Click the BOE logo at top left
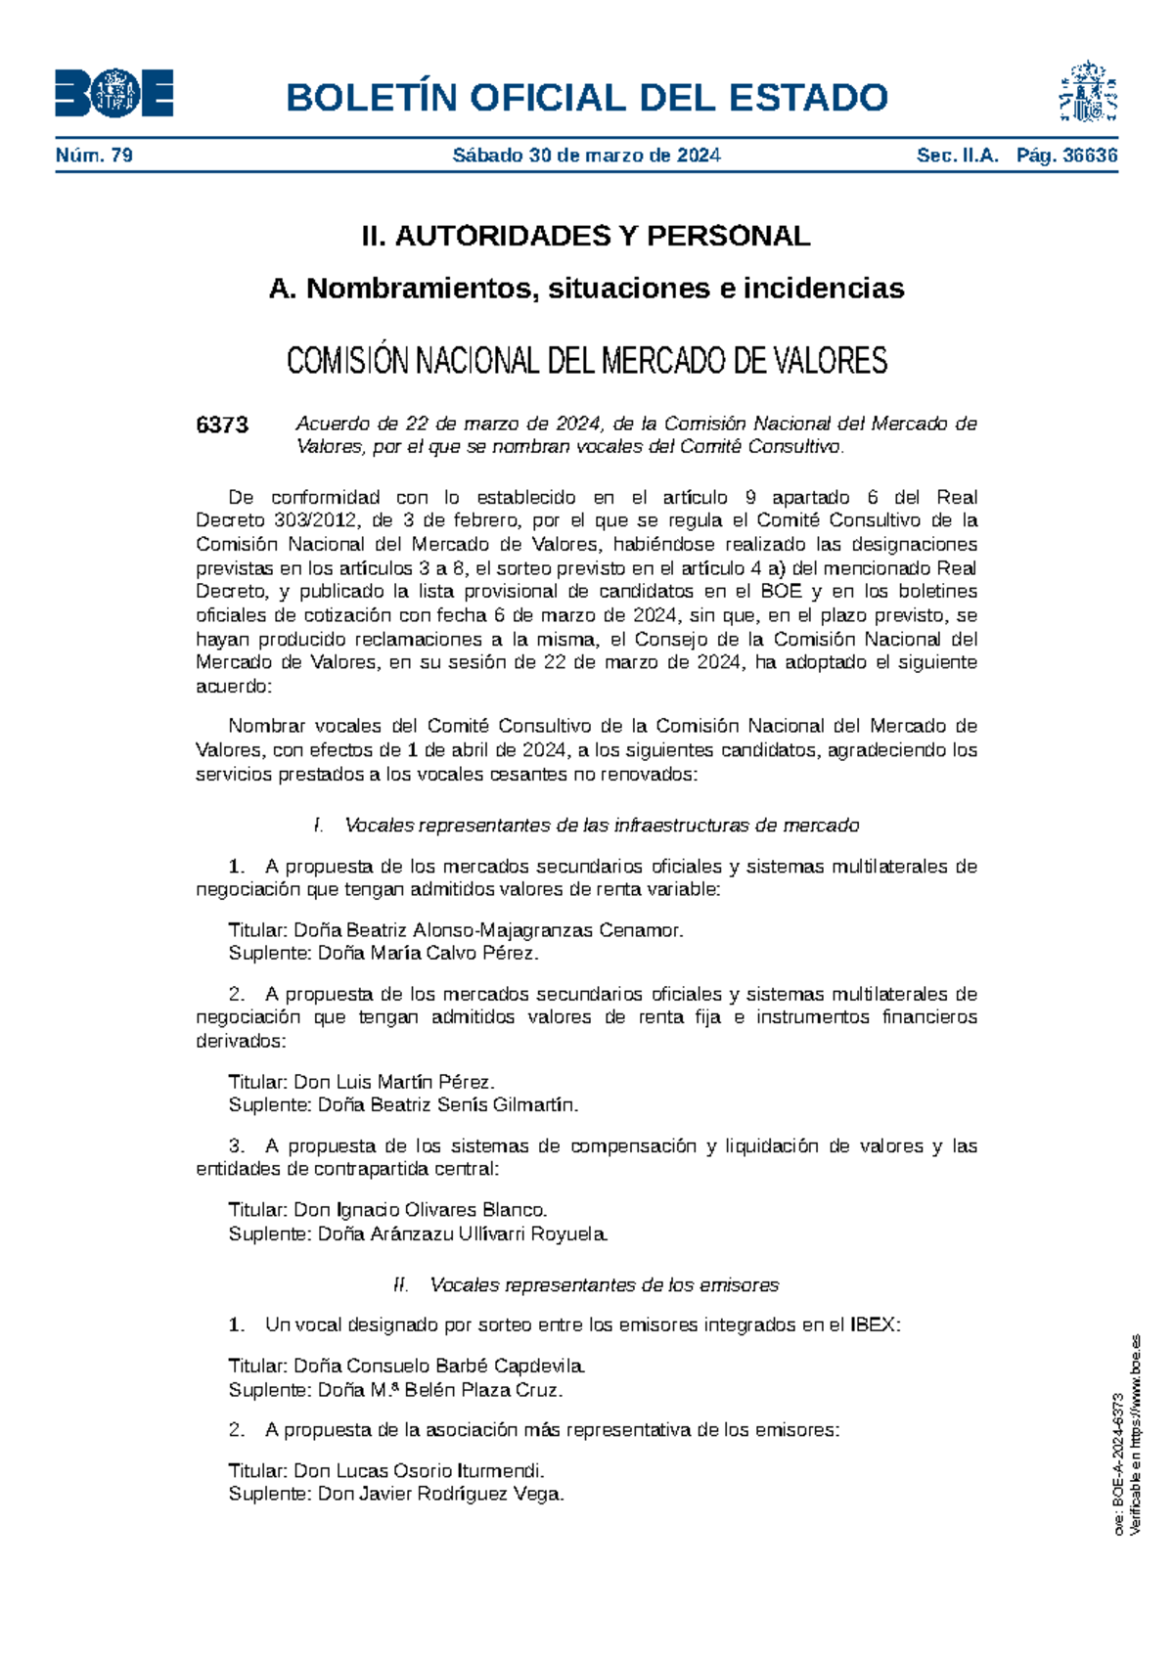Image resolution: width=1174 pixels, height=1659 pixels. (x=114, y=94)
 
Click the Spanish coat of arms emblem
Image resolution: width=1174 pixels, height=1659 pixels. (x=1087, y=92)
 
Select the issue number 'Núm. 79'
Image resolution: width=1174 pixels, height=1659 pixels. (x=94, y=156)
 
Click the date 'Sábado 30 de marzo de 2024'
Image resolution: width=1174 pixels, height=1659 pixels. (x=586, y=156)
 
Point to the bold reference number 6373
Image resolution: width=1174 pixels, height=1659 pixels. (x=222, y=425)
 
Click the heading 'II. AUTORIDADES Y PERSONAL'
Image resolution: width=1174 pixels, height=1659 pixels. (x=586, y=236)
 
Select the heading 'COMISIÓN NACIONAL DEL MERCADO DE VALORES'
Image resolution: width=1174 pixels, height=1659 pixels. (x=586, y=361)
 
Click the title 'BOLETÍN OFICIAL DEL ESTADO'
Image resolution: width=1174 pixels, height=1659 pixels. (x=586, y=98)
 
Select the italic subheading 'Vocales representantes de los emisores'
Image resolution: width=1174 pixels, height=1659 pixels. (x=604, y=1284)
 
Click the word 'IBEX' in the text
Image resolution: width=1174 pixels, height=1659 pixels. (x=872, y=1325)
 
